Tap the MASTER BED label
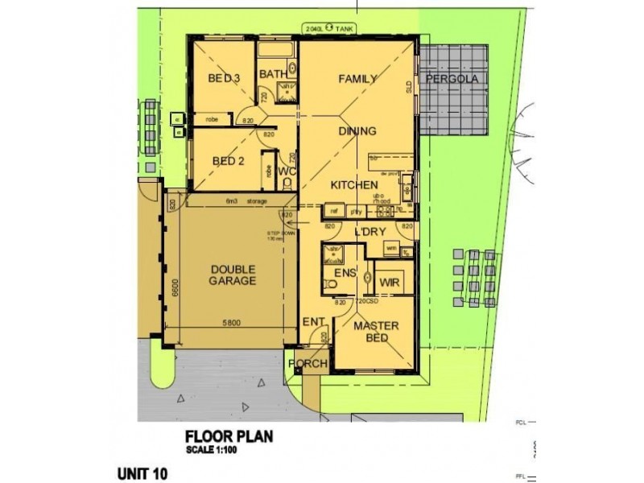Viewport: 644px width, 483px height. [372, 332]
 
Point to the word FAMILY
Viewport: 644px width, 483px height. [358, 79]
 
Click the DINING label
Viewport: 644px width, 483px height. [357, 130]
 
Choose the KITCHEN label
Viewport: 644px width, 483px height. [354, 185]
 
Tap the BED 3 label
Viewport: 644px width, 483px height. [225, 78]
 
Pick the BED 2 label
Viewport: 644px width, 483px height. [228, 160]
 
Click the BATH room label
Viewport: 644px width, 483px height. [273, 76]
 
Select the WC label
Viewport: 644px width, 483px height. [288, 172]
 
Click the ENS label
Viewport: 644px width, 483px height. [345, 273]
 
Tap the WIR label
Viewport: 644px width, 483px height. [390, 283]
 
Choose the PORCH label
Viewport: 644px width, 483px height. [308, 364]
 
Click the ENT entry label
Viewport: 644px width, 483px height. [313, 322]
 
